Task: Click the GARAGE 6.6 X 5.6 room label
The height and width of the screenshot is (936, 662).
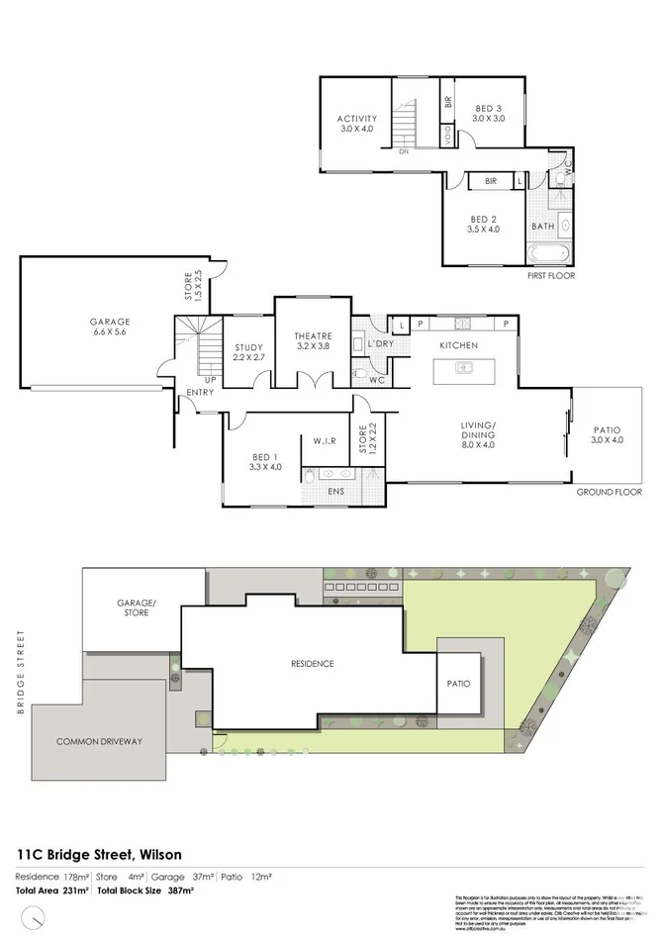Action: [110, 327]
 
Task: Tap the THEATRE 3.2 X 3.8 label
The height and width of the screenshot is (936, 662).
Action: [313, 341]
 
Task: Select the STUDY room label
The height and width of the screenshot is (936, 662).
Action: [247, 351]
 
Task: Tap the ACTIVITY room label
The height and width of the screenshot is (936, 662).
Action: [357, 124]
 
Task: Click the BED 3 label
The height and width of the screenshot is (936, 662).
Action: [488, 113]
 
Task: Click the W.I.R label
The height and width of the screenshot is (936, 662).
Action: [327, 441]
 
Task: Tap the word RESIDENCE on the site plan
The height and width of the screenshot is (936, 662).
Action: [312, 663]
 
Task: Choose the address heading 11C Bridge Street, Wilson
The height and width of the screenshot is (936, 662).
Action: [98, 854]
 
